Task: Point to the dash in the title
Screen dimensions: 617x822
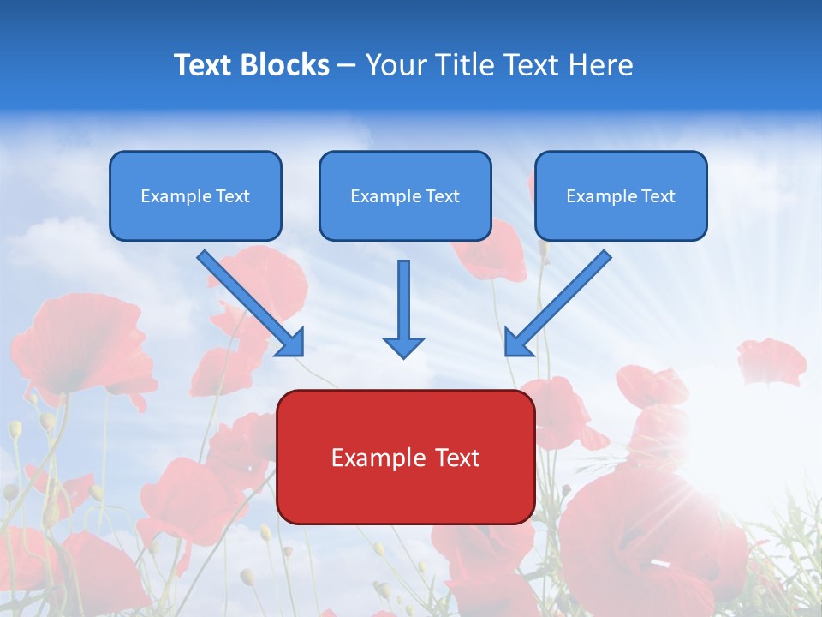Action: (347, 66)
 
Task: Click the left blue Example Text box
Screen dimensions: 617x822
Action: (195, 195)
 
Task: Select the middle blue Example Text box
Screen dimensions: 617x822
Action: (405, 195)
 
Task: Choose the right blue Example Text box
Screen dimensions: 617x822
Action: (621, 195)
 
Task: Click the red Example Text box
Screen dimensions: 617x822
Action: (405, 457)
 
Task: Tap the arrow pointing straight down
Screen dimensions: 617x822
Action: (403, 304)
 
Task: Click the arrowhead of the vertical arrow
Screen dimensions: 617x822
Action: (403, 346)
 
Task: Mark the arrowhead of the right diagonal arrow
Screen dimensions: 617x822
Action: (517, 343)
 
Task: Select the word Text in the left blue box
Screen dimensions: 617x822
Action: (232, 196)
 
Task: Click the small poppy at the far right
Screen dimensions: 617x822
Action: (771, 360)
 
